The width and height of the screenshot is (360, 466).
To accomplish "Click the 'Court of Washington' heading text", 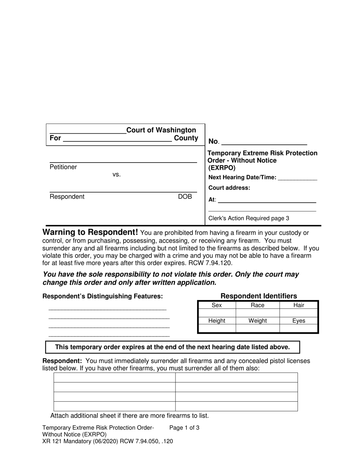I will [x=161, y=130].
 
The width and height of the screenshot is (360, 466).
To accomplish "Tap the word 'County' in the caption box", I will [x=186, y=138].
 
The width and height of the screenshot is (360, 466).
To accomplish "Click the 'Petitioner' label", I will [x=63, y=167].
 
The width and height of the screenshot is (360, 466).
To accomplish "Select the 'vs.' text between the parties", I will [x=117, y=175].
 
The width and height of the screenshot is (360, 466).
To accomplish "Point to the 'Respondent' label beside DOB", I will [x=67, y=197].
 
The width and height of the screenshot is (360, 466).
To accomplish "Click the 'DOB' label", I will [x=185, y=197].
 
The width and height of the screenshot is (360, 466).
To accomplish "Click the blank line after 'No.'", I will [x=264, y=142].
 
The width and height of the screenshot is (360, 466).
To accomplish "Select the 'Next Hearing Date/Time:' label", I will [x=243, y=177].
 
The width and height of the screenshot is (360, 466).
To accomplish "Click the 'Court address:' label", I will [x=229, y=188].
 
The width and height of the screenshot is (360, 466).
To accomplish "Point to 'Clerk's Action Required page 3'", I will [x=249, y=218].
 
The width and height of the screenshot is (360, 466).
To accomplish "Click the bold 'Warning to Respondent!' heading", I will [x=90, y=232].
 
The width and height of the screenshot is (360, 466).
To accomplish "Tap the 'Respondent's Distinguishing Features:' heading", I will [x=103, y=296].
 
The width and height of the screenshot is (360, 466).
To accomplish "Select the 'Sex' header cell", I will [x=217, y=305].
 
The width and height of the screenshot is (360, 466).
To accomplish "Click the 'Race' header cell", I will [x=258, y=305].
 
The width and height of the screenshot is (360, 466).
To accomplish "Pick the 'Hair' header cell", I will [x=299, y=305].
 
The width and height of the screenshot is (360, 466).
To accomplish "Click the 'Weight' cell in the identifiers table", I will [x=258, y=321].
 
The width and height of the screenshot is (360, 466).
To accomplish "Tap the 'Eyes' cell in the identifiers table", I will [x=299, y=321].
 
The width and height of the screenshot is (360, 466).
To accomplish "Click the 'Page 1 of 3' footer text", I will [x=184, y=428].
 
